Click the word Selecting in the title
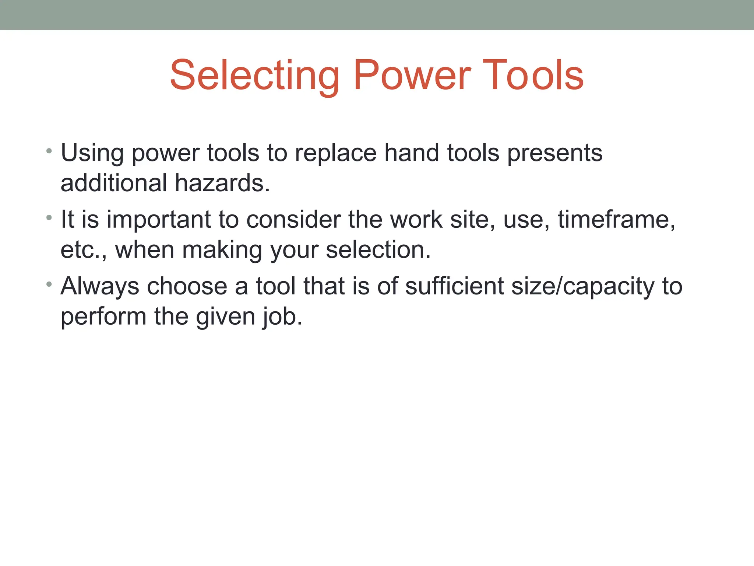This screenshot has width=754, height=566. click(x=254, y=76)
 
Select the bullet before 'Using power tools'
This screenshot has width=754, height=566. click(x=49, y=151)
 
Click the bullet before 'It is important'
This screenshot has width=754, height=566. click(x=49, y=218)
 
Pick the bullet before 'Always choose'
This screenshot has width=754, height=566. click(x=49, y=284)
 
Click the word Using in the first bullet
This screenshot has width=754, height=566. click(x=92, y=153)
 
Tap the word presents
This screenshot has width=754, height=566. click(x=555, y=153)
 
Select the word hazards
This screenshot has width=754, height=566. click(x=222, y=183)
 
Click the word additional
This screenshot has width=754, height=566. click(x=114, y=183)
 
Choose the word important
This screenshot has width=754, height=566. click(x=158, y=220)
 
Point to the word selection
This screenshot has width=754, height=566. click(x=378, y=250)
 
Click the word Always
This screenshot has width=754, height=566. click(x=100, y=286)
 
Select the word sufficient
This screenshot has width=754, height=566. click(x=454, y=286)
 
